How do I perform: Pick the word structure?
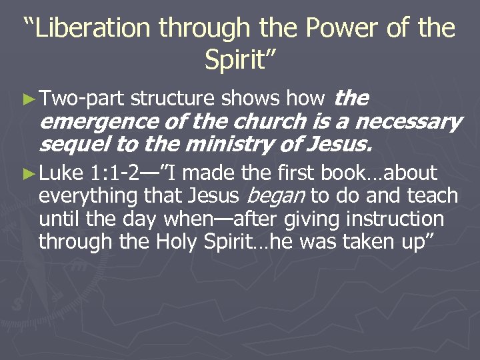tap(173, 99)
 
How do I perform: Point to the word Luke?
tap(61, 173)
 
